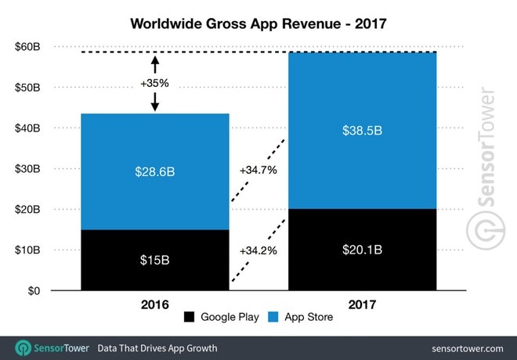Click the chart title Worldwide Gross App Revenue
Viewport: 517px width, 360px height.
point(258,23)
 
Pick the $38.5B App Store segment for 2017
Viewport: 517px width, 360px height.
point(362,130)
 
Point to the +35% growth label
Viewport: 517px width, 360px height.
point(156,82)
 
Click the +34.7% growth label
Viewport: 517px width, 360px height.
point(258,169)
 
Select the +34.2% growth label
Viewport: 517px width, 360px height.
point(258,250)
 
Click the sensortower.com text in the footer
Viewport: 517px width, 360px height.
point(466,347)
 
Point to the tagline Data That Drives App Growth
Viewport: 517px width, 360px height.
point(157,347)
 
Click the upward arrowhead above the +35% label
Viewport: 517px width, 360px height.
point(156,58)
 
